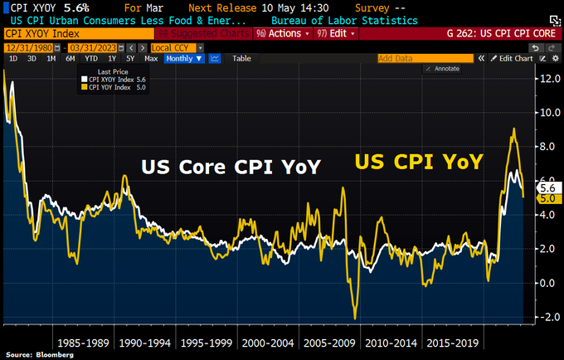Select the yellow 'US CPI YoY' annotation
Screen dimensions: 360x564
click(x=418, y=162)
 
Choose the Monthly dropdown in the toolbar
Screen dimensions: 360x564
click(x=183, y=59)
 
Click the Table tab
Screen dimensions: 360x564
click(x=241, y=59)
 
